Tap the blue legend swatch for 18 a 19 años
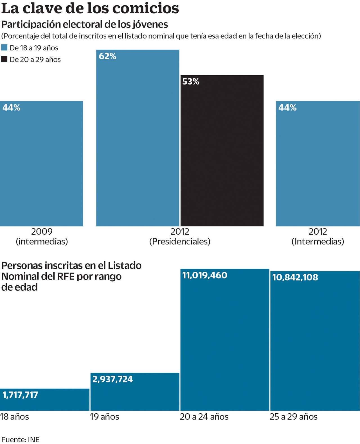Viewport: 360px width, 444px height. [4, 47]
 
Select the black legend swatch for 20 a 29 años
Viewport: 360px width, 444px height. [4, 59]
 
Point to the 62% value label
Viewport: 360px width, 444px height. [107, 56]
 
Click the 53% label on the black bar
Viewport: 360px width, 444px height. [191, 81]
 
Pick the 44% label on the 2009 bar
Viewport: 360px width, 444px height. [12, 108]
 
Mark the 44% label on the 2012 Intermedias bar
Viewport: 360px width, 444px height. [287, 108]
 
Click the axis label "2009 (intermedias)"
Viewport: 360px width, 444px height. [42, 236]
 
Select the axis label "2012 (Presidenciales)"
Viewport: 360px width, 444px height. [180, 236]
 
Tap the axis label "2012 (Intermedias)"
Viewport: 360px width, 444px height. [318, 236]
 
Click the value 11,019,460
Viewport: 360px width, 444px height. [205, 275]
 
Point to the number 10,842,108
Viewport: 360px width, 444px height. [295, 277]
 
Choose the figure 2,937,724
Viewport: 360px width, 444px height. [112, 379]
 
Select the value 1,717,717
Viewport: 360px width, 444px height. [20, 395]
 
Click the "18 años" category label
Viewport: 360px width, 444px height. [14, 416]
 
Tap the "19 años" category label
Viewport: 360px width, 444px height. [104, 416]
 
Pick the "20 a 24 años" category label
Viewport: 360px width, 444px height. [204, 416]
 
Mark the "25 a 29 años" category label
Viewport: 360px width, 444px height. [293, 416]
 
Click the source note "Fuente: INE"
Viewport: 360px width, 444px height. [20, 440]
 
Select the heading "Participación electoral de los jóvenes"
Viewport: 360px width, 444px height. [85, 24]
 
